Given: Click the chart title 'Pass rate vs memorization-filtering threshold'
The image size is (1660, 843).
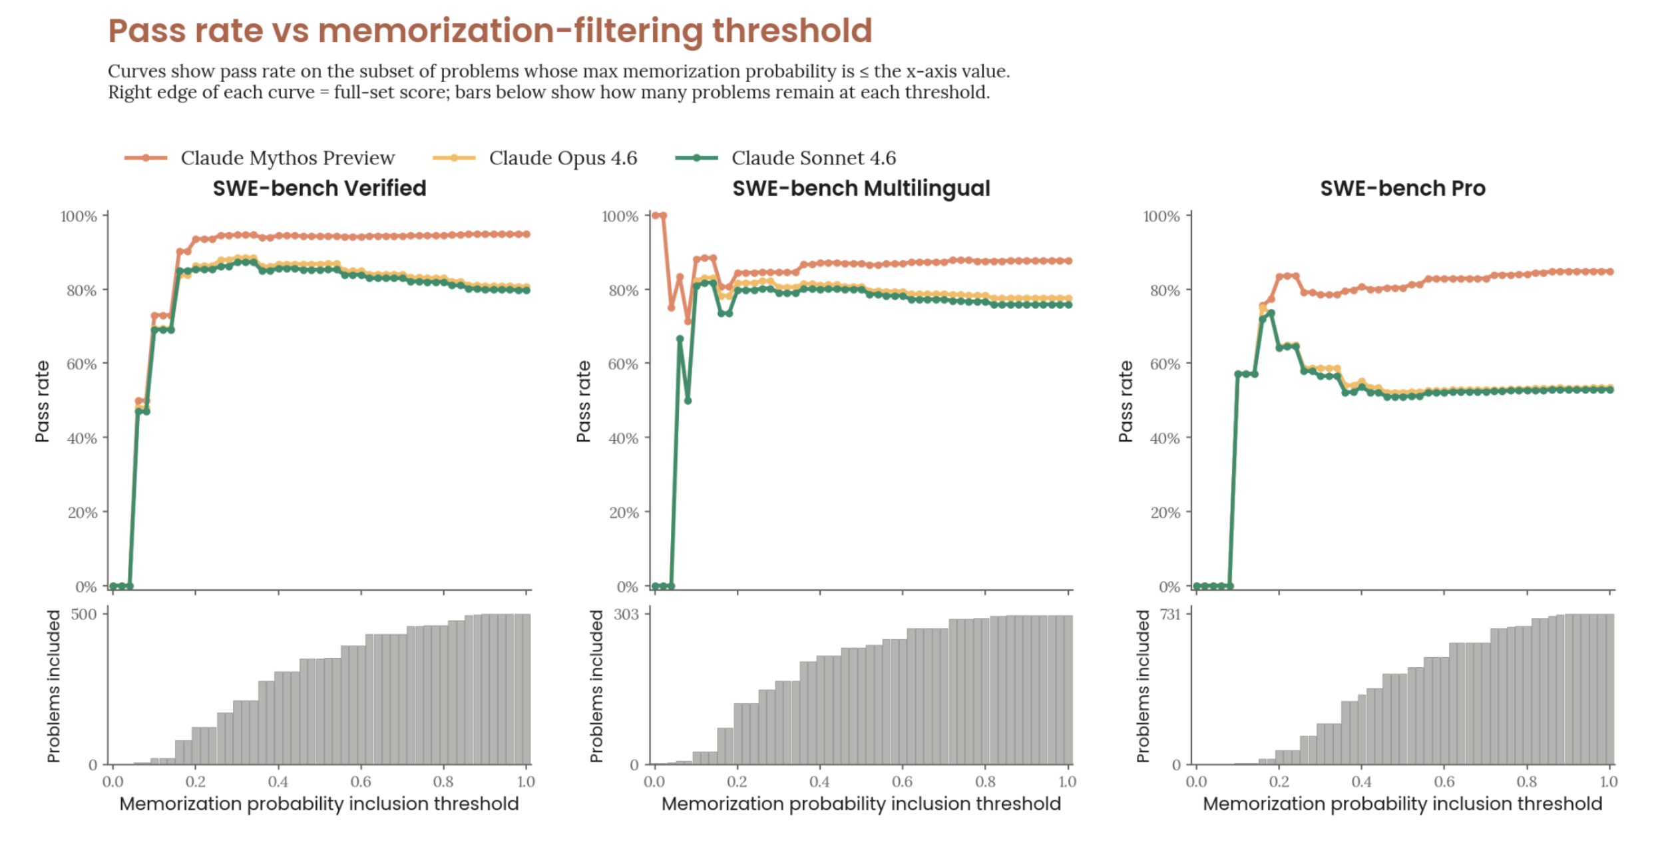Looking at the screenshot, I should pyautogui.click(x=489, y=31).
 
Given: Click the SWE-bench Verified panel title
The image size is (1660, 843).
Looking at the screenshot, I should pyautogui.click(x=319, y=188).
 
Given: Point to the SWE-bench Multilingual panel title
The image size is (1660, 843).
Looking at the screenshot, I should pyautogui.click(x=861, y=188).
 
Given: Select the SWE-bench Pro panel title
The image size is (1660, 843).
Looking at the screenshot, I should pyautogui.click(x=1402, y=188).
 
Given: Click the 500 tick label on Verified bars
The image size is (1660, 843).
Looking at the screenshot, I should pyautogui.click(x=84, y=614).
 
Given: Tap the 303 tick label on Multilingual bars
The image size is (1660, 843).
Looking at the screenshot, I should pyautogui.click(x=626, y=614).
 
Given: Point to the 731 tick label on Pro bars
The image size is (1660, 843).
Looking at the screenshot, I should pyautogui.click(x=1169, y=614).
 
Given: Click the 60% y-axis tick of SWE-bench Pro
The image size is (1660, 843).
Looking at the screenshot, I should pyautogui.click(x=1164, y=364).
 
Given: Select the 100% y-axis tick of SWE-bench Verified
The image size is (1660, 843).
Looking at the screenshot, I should pyautogui.click(x=79, y=216).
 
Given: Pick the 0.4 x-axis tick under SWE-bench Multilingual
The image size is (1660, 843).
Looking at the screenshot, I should pyautogui.click(x=819, y=781).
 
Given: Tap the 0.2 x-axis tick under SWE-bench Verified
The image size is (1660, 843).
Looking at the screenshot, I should pyautogui.click(x=195, y=781).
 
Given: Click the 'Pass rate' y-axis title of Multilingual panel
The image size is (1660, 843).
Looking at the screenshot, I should pyautogui.click(x=584, y=402).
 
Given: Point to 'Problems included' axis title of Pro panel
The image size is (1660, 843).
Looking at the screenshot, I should pyautogui.click(x=1143, y=686).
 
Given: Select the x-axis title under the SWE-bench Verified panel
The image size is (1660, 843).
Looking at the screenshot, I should pyautogui.click(x=319, y=804).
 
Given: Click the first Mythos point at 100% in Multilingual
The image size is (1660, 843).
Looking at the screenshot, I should pyautogui.click(x=655, y=216).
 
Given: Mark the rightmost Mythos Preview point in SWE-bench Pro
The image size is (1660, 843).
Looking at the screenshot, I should pyautogui.click(x=1609, y=272).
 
